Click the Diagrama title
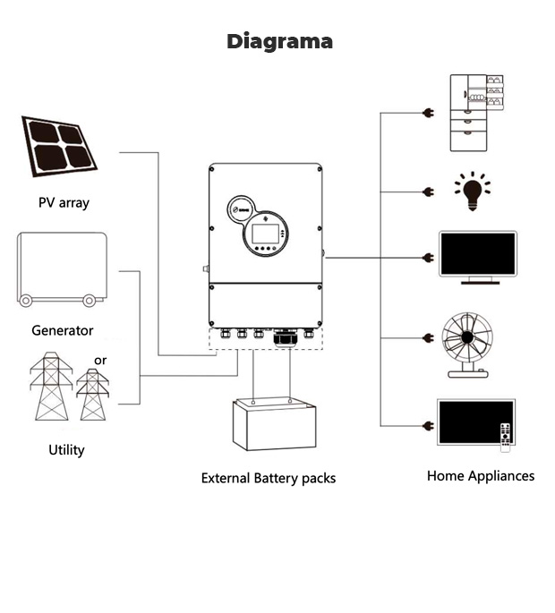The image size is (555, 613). pyautogui.click(x=279, y=41)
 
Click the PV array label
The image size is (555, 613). pyautogui.click(x=64, y=202)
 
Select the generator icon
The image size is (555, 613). pyautogui.click(x=62, y=268)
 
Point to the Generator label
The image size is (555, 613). pyautogui.click(x=63, y=330)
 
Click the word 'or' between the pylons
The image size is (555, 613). pyautogui.click(x=100, y=361)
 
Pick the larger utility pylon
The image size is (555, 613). pyautogui.click(x=51, y=387)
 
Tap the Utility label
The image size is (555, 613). pyautogui.click(x=66, y=449)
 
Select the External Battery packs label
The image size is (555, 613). pyautogui.click(x=269, y=478)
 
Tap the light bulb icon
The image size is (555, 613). pyautogui.click(x=471, y=192)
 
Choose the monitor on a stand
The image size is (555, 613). pyautogui.click(x=477, y=258)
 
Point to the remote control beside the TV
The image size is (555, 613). pyautogui.click(x=505, y=435)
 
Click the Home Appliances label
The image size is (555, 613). pyautogui.click(x=481, y=476)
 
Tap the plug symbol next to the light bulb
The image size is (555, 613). pyautogui.click(x=428, y=192)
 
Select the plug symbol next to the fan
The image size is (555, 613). pyautogui.click(x=428, y=338)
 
